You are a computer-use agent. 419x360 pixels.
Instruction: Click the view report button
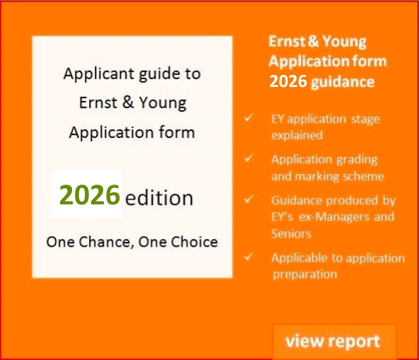pyautogui.click(x=333, y=342)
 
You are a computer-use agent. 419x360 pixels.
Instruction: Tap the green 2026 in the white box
pyautogui.click(x=89, y=194)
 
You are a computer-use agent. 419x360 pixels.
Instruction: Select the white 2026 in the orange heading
pyautogui.click(x=288, y=81)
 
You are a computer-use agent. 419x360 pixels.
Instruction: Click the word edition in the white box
pyautogui.click(x=159, y=198)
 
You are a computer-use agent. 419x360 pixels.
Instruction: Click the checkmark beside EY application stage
pyautogui.click(x=249, y=118)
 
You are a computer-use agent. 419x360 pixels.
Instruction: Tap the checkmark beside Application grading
pyautogui.click(x=249, y=158)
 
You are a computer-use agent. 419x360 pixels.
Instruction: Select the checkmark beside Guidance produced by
pyautogui.click(x=249, y=199)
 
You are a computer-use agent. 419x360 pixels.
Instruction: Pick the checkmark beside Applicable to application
pyautogui.click(x=249, y=257)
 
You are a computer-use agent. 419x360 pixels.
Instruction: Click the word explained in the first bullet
pyautogui.click(x=297, y=134)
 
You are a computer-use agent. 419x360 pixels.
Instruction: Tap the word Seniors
pyautogui.click(x=291, y=233)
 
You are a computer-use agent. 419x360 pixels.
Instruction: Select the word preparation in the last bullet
pyautogui.click(x=305, y=274)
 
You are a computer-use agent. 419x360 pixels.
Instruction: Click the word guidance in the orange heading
pyautogui.click(x=343, y=81)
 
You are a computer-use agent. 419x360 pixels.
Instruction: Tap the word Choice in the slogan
pyautogui.click(x=191, y=242)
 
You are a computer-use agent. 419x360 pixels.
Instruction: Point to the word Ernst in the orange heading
pyautogui.click(x=287, y=42)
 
